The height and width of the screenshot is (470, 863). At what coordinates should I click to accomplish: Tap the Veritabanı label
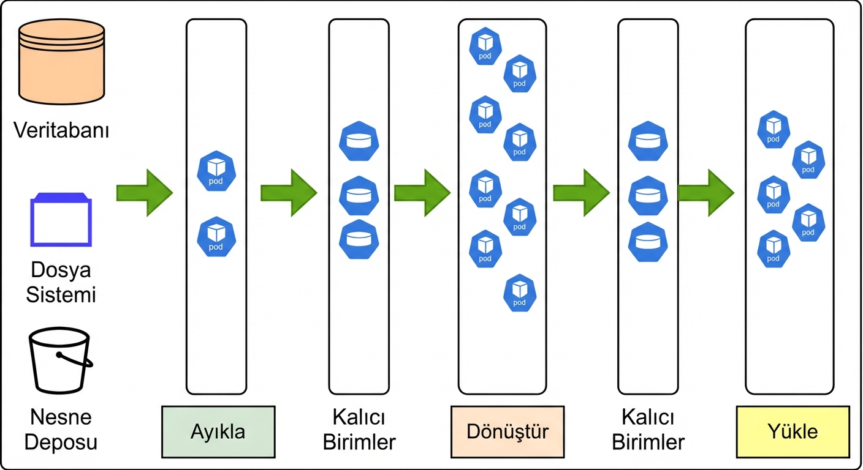click(x=61, y=130)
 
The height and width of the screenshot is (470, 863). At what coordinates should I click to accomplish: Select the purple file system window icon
click(x=61, y=220)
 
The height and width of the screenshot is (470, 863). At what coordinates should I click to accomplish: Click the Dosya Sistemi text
click(x=61, y=282)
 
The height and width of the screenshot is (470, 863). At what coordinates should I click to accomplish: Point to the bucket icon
click(x=60, y=360)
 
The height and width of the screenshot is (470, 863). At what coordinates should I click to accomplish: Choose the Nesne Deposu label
click(x=61, y=430)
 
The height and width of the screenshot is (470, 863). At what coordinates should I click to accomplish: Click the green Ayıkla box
click(x=218, y=431)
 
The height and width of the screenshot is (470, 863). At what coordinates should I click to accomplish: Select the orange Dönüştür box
click(x=507, y=431)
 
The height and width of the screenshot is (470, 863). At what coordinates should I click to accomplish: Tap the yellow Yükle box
click(x=793, y=431)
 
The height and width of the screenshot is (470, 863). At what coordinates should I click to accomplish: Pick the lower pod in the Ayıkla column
click(x=216, y=236)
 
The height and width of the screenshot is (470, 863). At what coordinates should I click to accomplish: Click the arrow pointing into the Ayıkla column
click(x=145, y=193)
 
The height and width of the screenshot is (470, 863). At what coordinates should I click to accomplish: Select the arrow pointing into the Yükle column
click(x=706, y=193)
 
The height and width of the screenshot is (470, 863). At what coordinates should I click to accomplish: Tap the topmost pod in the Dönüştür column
click(x=485, y=46)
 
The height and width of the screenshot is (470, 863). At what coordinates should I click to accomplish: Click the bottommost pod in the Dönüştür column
click(x=519, y=293)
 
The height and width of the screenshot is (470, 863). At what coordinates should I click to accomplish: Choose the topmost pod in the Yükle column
click(x=774, y=129)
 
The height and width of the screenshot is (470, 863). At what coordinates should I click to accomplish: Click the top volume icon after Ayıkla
click(x=359, y=141)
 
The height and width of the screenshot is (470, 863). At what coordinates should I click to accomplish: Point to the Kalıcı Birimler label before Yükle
click(x=648, y=430)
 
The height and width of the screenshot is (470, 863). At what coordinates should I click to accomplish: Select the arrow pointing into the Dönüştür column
click(x=422, y=193)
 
